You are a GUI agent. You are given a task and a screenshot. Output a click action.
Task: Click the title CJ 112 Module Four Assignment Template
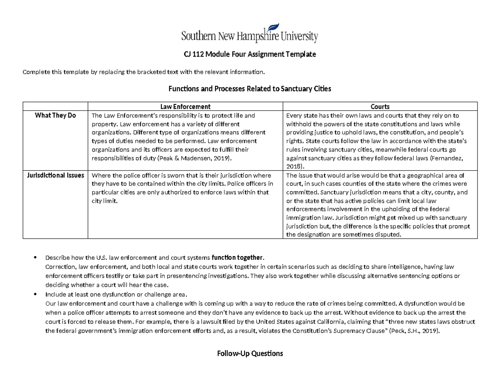[250, 55]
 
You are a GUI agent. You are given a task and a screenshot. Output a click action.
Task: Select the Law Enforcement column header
[185, 107]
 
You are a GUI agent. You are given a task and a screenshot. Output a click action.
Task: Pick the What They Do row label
[55, 115]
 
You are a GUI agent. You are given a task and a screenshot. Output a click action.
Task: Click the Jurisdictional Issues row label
[55, 175]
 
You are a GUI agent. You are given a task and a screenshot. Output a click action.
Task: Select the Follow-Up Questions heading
[250, 354]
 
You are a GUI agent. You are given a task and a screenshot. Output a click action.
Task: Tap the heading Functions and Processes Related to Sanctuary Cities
[250, 89]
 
